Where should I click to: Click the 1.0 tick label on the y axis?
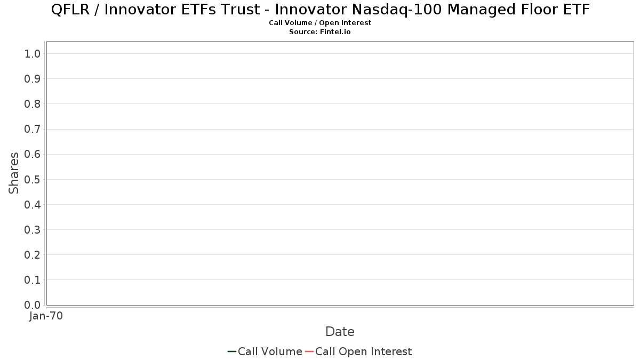coord(33,54)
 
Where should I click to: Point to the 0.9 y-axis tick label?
coord(33,79)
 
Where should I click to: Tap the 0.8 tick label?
coord(33,104)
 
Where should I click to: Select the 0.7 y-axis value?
coord(33,129)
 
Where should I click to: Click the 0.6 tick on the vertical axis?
coord(33,154)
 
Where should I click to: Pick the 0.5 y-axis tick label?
coord(33,179)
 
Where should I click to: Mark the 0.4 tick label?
coord(33,205)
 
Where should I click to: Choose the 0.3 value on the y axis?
coord(33,230)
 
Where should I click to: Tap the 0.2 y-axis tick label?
coord(33,255)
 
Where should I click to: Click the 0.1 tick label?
coord(33,280)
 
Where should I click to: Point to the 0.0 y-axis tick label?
coord(33,305)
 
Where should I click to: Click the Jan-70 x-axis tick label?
coord(46,316)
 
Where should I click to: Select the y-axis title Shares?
coord(14,173)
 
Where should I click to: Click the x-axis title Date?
coord(340,332)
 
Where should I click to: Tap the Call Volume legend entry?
coord(265,351)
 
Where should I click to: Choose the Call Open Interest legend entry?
coord(358,351)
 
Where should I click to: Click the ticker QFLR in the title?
coord(70,10)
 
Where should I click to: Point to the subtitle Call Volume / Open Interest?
coord(320,23)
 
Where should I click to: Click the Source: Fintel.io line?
coord(319,31)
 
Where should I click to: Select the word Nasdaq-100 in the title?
coord(397,10)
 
